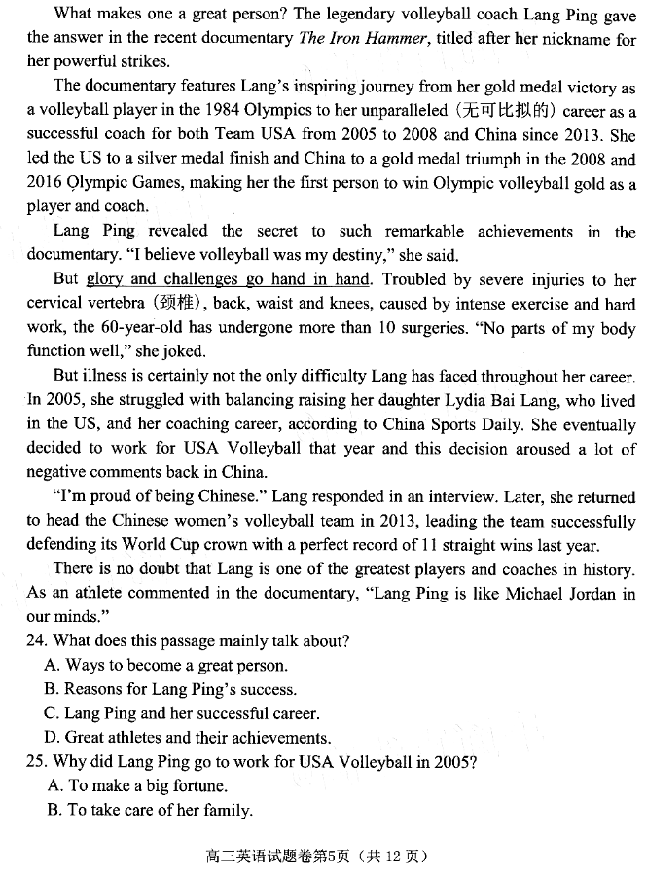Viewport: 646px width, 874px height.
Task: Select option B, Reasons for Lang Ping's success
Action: pyautogui.click(x=170, y=689)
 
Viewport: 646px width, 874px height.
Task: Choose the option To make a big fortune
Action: pyautogui.click(x=136, y=785)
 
